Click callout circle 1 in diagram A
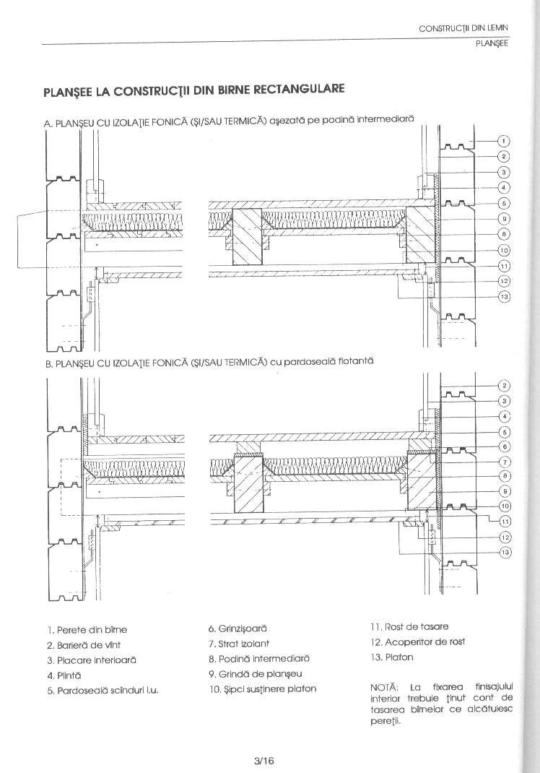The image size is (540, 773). pos(505,141)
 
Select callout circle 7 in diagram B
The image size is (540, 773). pos(505,461)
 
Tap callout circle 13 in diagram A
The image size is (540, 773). pos(505,296)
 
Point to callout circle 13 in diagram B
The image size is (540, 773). pos(505,553)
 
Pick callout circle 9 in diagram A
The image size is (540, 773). pos(505,218)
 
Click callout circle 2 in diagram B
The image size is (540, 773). pos(505,385)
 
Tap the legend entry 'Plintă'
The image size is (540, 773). pos(63,675)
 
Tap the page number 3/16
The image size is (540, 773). pos(264,760)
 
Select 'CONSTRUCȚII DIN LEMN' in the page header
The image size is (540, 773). pos(463,28)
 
